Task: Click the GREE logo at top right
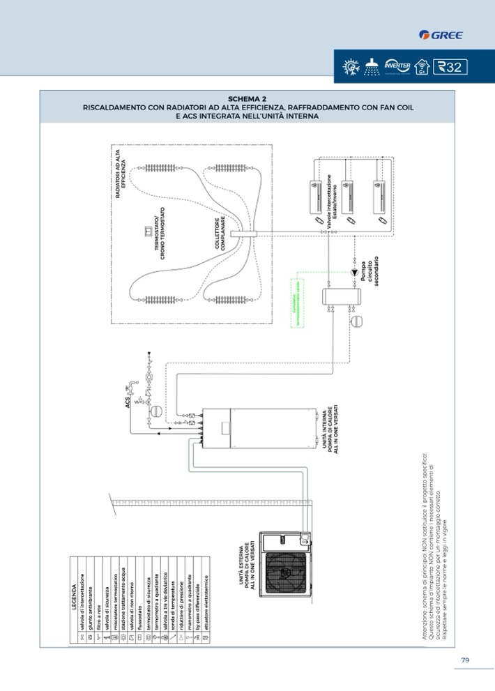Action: coord(441,35)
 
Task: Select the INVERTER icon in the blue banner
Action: coord(397,67)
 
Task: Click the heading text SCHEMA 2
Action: coord(247,99)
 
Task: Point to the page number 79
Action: coord(464,660)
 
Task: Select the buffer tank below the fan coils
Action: coord(341,297)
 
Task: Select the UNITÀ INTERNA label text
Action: coord(330,437)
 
